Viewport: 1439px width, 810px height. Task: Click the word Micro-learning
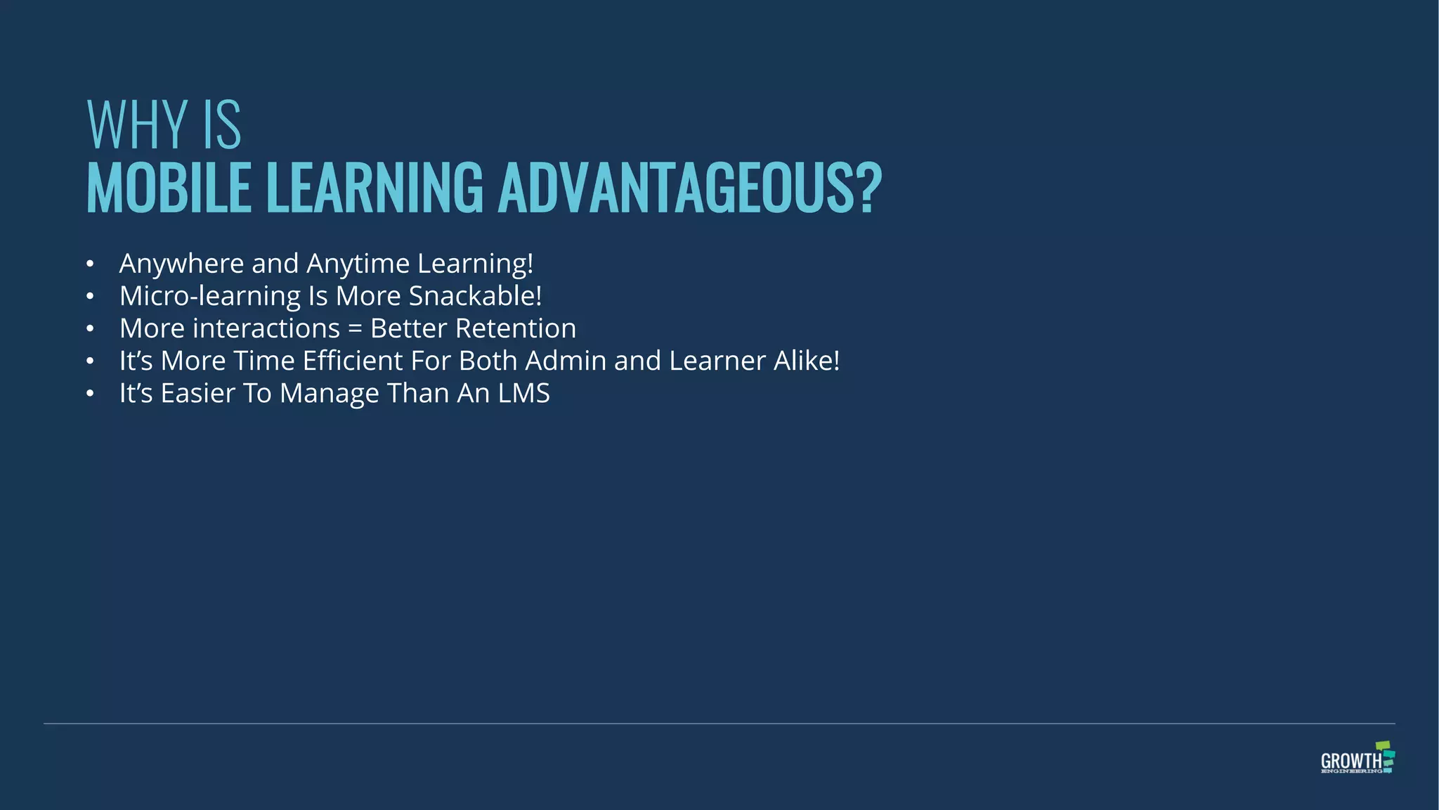(x=210, y=296)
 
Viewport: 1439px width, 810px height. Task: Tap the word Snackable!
(x=475, y=296)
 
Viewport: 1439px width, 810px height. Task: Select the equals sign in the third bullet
(x=355, y=329)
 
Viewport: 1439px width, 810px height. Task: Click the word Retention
(x=516, y=328)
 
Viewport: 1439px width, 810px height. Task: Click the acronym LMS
(x=523, y=393)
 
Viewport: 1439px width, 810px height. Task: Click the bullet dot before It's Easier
(x=90, y=394)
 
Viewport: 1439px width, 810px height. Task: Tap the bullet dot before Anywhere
(x=90, y=264)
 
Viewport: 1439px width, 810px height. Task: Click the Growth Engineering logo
(x=1357, y=758)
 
